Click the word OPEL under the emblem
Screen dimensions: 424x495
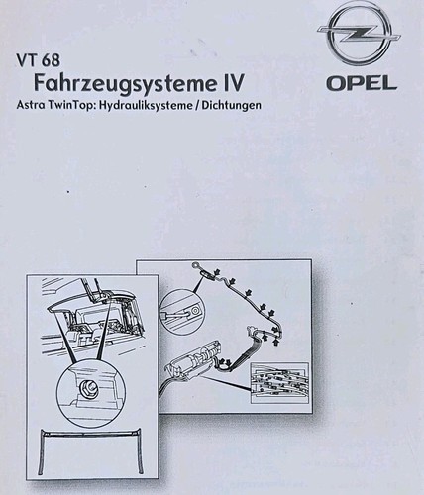[x=362, y=83]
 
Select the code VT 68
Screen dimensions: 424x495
[x=39, y=61]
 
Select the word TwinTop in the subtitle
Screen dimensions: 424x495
[x=68, y=106]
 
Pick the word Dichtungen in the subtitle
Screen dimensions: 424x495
[x=231, y=105]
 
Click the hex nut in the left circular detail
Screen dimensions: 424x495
[x=87, y=385]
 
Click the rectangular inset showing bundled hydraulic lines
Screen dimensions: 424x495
[x=279, y=383]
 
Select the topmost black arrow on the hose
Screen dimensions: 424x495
[x=217, y=272]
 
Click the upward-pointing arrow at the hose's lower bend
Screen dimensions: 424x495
[x=276, y=342]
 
